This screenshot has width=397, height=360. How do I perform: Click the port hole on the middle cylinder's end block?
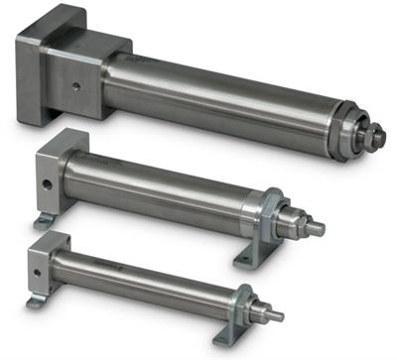coord(43,181)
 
